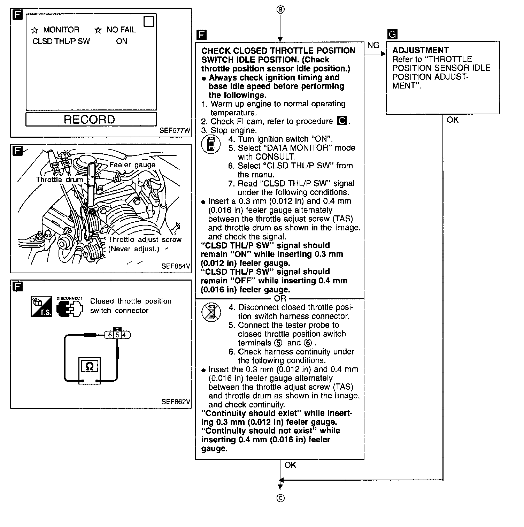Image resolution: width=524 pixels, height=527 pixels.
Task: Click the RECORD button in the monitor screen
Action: [x=91, y=120]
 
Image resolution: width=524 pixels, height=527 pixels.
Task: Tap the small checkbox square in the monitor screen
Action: [x=149, y=22]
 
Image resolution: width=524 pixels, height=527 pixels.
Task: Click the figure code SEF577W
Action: [x=175, y=131]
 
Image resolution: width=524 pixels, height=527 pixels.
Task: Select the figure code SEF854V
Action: [x=176, y=266]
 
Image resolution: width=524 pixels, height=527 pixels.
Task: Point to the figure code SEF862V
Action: [x=176, y=402]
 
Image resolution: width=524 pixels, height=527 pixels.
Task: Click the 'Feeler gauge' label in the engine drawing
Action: [x=132, y=165]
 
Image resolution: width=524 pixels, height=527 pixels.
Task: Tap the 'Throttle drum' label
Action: [x=60, y=180]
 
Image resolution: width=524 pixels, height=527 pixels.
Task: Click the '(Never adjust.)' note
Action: [x=134, y=249]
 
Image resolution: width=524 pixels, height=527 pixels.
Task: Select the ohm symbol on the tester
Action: [x=89, y=366]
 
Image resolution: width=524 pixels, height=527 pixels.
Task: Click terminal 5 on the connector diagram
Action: [x=118, y=335]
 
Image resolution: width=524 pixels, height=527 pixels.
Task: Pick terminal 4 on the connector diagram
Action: [x=124, y=335]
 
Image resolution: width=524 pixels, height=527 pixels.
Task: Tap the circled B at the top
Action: [x=280, y=10]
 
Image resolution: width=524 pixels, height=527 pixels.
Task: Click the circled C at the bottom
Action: [x=280, y=498]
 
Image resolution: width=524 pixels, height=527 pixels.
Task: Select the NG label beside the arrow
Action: [x=373, y=45]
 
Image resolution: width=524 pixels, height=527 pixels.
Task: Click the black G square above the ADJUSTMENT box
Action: [x=392, y=34]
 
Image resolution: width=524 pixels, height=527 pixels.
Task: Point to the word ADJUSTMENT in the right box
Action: [x=421, y=50]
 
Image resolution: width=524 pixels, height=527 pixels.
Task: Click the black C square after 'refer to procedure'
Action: [x=342, y=121]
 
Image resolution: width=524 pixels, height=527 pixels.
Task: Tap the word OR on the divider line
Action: [x=280, y=299]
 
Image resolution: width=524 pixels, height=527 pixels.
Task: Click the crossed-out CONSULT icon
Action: [x=211, y=312]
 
